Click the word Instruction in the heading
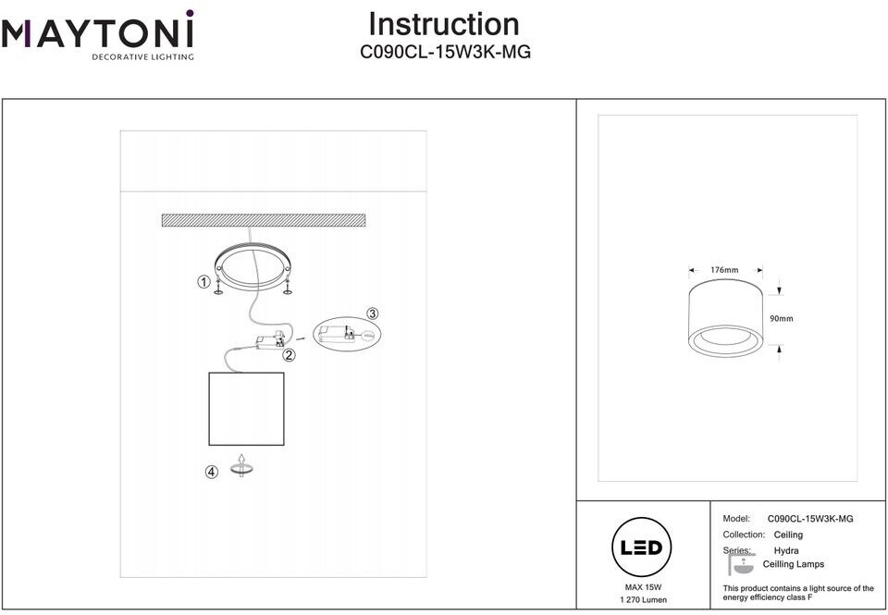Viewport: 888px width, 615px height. pos(444,24)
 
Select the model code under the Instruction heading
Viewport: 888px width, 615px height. pos(445,52)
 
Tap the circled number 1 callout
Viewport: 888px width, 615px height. pos(203,281)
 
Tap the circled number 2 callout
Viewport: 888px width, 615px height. pos(289,355)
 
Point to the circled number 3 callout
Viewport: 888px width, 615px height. pos(372,314)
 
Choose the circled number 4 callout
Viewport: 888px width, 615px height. pos(211,472)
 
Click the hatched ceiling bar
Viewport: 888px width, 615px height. pos(264,220)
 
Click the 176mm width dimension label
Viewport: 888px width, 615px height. pos(724,270)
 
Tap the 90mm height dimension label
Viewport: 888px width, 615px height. pos(781,319)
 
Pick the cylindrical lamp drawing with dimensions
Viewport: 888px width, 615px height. pos(725,319)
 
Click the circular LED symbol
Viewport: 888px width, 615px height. pos(642,547)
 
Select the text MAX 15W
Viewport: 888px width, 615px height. pos(643,587)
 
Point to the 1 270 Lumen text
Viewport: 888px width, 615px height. pos(644,599)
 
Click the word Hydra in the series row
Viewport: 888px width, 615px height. pos(786,550)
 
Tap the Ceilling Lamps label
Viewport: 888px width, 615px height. pos(794,564)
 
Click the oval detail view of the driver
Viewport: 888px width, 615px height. pos(347,335)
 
